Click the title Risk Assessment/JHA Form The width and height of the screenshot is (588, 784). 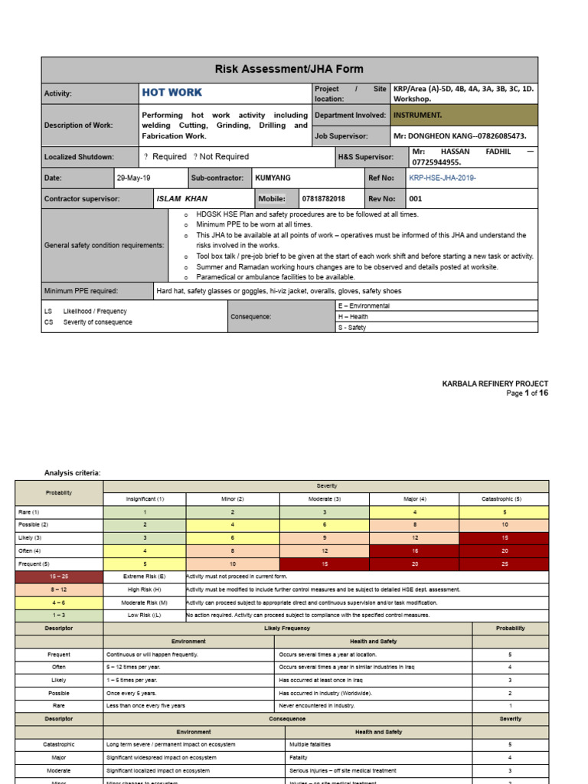coord(289,69)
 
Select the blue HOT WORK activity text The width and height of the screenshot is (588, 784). coord(172,93)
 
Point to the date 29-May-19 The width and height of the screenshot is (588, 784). coord(133,178)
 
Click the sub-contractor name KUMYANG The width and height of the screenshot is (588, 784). coord(273,178)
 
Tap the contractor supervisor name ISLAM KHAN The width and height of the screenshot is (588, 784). coord(181,198)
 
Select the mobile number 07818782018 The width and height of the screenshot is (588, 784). coord(324,198)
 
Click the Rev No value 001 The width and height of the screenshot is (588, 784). coord(416,198)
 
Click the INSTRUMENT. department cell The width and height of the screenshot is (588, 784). coord(417,115)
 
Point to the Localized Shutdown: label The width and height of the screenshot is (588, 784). coord(79,157)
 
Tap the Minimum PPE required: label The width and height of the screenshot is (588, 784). coord(80,291)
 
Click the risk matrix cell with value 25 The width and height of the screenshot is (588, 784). coord(504,564)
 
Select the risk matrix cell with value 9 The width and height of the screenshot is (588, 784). coord(325,538)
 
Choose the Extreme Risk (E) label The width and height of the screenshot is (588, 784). coord(145,577)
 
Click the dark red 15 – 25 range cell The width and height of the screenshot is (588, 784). coord(59,577)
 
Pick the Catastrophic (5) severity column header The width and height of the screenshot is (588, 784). coord(504,498)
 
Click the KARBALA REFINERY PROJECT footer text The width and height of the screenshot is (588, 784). coord(495,384)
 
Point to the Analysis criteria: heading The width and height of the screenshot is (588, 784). coord(72,473)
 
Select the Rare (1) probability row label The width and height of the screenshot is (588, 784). coord(29,511)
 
